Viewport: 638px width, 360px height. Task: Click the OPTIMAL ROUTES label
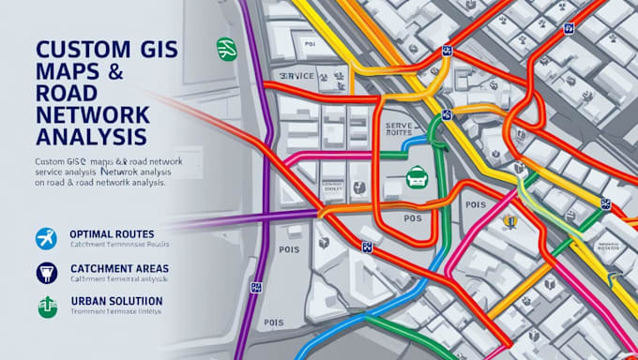pos(112,233)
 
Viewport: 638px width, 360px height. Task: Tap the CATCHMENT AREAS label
pos(119,268)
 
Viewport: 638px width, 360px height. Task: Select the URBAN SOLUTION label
pos(116,301)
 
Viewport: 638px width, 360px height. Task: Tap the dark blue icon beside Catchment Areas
pos(43,273)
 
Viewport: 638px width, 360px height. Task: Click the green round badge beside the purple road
pos(226,49)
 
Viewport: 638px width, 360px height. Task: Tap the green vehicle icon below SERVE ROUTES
pos(418,175)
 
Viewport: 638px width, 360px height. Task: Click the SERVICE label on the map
pos(297,75)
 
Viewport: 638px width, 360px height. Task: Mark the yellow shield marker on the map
pos(509,222)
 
